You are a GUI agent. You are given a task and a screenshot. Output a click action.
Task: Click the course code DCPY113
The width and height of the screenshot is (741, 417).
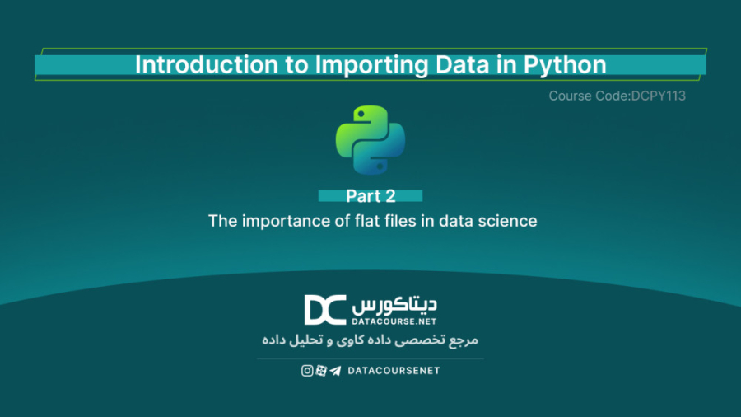pyautogui.click(x=658, y=96)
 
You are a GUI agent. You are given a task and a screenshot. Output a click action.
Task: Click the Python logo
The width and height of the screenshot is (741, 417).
pyautogui.click(x=370, y=138)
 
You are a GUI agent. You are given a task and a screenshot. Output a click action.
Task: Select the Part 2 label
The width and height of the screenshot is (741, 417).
pyautogui.click(x=370, y=196)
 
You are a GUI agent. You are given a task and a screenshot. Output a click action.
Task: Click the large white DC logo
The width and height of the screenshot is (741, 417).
pyautogui.click(x=324, y=310)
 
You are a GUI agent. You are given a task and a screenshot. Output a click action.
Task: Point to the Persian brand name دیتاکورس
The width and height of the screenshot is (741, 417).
pyautogui.click(x=397, y=304)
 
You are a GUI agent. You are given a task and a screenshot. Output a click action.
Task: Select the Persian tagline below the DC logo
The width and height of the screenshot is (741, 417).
pyautogui.click(x=370, y=340)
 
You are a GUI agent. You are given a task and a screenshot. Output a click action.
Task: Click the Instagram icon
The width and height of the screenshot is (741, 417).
pyautogui.click(x=307, y=371)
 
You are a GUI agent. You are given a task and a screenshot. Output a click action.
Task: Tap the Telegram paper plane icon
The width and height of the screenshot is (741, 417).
pyautogui.click(x=334, y=371)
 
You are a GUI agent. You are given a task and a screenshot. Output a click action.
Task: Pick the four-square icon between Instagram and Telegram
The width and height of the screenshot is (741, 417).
pyautogui.click(x=320, y=371)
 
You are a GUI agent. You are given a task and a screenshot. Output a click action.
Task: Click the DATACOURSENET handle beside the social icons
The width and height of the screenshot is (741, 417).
pyautogui.click(x=394, y=371)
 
